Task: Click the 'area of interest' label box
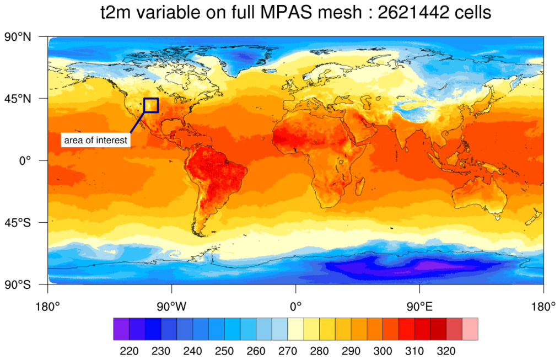click(x=96, y=141)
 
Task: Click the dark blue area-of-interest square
click(x=151, y=105)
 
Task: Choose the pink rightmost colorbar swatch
click(x=470, y=329)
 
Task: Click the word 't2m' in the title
click(x=114, y=12)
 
